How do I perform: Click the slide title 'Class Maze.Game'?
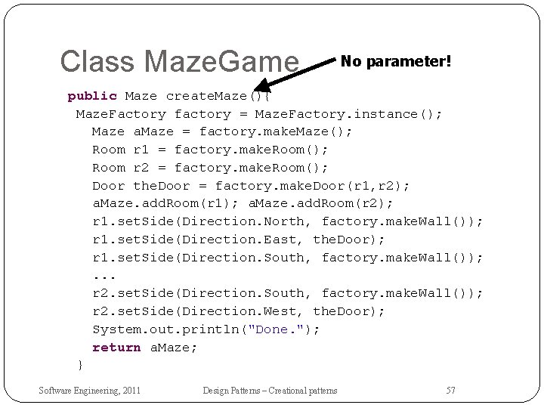pyautogui.click(x=180, y=61)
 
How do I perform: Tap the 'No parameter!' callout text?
pyautogui.click(x=396, y=60)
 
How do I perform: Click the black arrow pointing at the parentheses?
pyautogui.click(x=295, y=74)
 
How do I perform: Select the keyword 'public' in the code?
pyautogui.click(x=92, y=96)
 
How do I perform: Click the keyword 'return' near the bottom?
pyautogui.click(x=116, y=347)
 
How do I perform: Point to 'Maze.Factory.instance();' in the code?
pyautogui.click(x=348, y=114)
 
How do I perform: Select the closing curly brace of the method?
pyautogui.click(x=80, y=365)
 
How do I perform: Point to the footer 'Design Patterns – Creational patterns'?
pyautogui.click(x=270, y=390)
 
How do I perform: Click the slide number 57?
pyautogui.click(x=450, y=390)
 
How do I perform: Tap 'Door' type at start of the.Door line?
pyautogui.click(x=109, y=185)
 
